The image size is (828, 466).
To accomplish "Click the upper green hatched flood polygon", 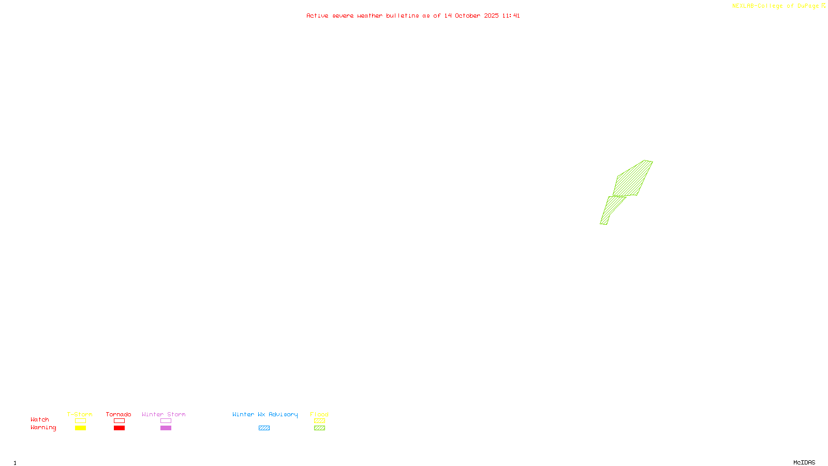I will click(632, 179).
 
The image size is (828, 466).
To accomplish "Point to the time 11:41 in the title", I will click(511, 16).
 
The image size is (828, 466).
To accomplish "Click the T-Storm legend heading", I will click(80, 414).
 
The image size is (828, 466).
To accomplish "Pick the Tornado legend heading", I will click(119, 414).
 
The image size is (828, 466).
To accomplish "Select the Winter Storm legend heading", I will click(164, 414).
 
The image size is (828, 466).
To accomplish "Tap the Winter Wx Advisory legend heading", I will click(265, 414).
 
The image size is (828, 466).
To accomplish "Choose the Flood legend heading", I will click(319, 414).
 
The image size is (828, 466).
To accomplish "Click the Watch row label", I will click(40, 420).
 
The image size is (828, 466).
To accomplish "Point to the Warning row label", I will click(43, 428).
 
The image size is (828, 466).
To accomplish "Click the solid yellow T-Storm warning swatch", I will click(80, 428).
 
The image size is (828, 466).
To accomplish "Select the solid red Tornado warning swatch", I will click(120, 428).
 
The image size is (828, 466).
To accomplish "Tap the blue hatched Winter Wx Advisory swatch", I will click(264, 428).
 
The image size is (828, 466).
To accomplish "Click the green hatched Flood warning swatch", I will click(319, 428).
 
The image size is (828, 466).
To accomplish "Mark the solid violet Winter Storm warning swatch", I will click(166, 428).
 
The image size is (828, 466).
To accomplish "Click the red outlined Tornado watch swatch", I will click(120, 421).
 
